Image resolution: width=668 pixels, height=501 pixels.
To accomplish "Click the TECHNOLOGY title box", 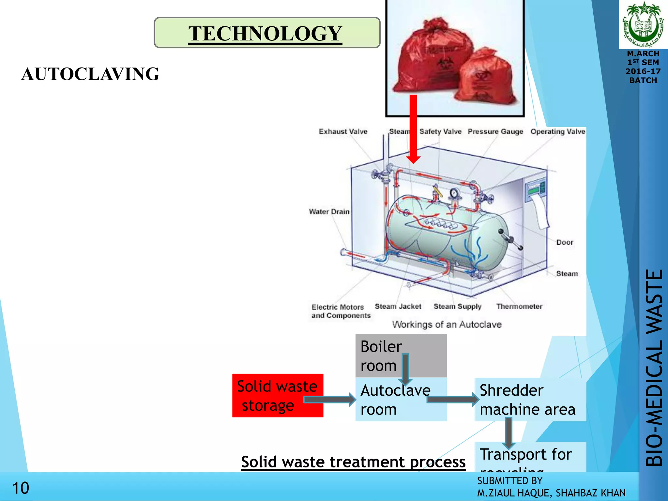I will click(x=267, y=33).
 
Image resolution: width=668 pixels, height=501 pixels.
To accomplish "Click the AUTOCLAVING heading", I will click(x=90, y=74).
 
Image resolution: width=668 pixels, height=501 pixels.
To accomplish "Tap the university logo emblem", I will click(x=643, y=24).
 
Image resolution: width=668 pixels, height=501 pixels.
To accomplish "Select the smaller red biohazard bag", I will click(x=486, y=78).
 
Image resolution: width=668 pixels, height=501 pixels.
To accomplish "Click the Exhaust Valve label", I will click(x=343, y=131).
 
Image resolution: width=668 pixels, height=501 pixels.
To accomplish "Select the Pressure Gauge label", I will click(x=495, y=131).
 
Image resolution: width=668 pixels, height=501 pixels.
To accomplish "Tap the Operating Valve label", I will click(x=558, y=131).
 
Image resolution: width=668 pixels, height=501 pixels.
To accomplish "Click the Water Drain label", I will click(x=329, y=212).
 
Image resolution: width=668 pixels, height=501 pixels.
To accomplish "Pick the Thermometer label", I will click(x=519, y=306).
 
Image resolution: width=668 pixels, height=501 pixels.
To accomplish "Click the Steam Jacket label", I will click(x=398, y=306).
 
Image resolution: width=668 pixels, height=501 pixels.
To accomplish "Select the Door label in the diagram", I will click(x=565, y=242).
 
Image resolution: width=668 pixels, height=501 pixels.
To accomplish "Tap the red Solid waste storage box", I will click(x=278, y=395).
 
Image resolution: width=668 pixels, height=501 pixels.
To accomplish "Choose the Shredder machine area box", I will click(x=530, y=399).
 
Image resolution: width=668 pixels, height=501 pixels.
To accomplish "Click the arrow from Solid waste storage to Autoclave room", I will click(x=329, y=400).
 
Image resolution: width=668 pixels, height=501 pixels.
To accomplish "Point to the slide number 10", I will click(x=21, y=488).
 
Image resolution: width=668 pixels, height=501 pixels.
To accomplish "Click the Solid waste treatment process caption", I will click(x=353, y=462).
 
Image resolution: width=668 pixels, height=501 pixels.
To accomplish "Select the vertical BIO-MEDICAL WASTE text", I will click(x=654, y=368).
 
